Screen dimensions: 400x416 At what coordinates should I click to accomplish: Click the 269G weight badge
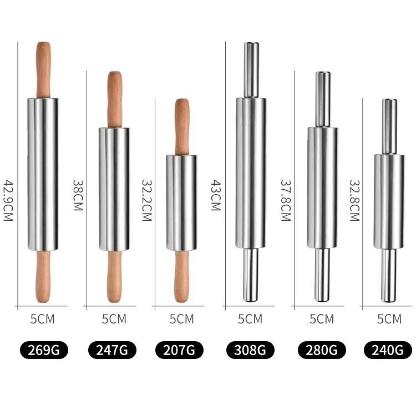pyautogui.click(x=43, y=350)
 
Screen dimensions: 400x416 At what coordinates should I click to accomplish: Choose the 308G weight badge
pyautogui.click(x=250, y=350)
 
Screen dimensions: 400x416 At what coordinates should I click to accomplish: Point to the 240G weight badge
pyautogui.click(x=388, y=350)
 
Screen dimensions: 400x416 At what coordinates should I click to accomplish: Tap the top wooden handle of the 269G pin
pyautogui.click(x=43, y=69)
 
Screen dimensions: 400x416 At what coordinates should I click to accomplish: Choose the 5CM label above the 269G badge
pyautogui.click(x=43, y=319)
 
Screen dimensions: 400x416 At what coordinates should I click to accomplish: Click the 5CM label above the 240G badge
pyautogui.click(x=389, y=319)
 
